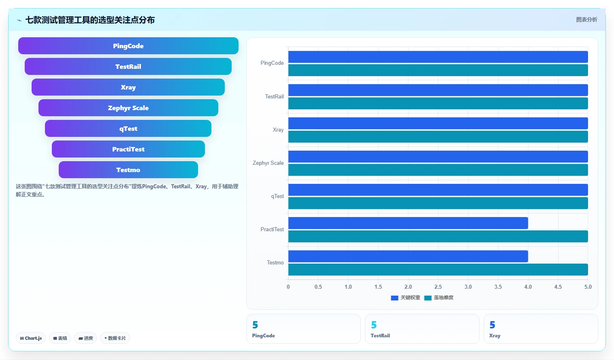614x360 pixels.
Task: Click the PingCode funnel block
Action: (x=128, y=46)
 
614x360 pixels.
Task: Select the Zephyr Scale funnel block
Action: (x=128, y=108)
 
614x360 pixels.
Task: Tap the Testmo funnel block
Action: (x=128, y=170)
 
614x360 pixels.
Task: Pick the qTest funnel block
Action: (x=128, y=128)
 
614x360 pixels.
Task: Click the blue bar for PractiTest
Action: (x=408, y=223)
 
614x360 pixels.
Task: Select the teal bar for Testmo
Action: (x=438, y=270)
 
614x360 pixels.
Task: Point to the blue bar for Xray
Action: (x=438, y=123)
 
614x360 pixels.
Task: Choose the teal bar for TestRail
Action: (x=438, y=103)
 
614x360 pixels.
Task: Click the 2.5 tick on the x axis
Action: (x=438, y=287)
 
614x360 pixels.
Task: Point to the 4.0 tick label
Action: (x=528, y=287)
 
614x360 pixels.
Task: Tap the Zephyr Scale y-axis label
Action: (x=268, y=163)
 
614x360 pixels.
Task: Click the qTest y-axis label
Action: (x=277, y=196)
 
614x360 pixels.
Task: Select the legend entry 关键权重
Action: (x=405, y=298)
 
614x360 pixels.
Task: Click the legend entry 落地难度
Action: (x=439, y=298)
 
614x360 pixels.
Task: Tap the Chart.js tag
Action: (x=31, y=338)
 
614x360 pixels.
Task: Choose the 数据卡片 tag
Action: (x=115, y=338)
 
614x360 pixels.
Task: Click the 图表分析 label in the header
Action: (x=586, y=20)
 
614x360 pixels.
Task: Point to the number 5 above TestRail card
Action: (x=374, y=325)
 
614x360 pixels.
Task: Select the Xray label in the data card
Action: (x=495, y=336)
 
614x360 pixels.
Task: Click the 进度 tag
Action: (x=85, y=338)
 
